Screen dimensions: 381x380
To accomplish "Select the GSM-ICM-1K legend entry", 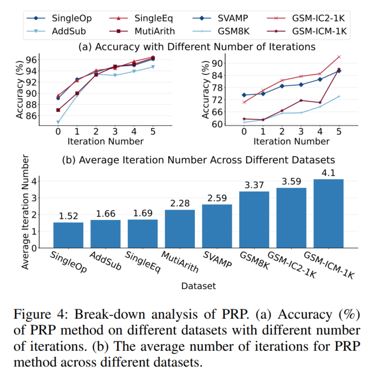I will coord(318,32).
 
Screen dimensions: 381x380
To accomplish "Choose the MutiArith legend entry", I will coord(154,32).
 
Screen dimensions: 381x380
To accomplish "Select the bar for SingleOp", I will coord(68,235).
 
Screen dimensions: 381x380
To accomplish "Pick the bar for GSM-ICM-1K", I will coord(328,213).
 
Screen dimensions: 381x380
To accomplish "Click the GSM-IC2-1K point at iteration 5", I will coord(339,56).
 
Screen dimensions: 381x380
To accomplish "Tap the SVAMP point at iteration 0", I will coord(244,95).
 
